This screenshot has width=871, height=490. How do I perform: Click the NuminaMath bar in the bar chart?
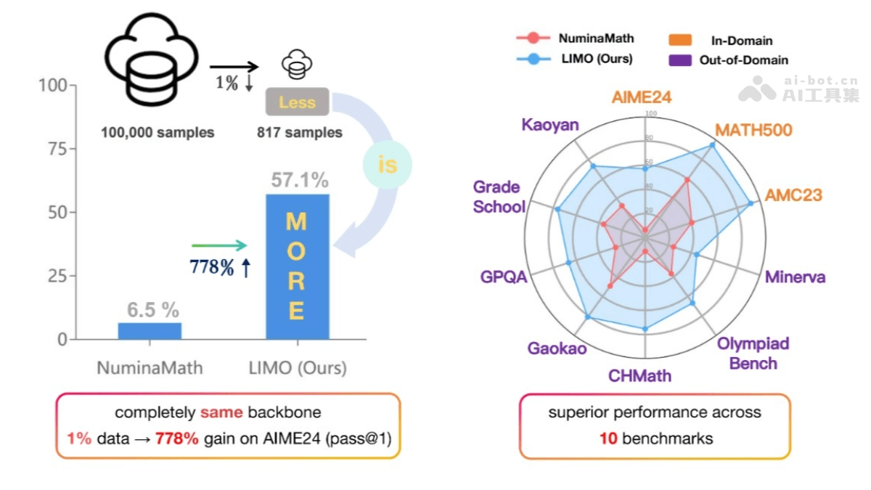point(150,331)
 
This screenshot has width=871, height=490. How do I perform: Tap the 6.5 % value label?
point(152,310)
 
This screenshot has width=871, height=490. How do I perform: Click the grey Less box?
point(297,102)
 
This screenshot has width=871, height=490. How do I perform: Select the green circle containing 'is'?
point(388,165)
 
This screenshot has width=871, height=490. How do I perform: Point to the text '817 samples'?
point(299,133)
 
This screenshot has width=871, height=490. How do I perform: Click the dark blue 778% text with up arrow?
point(220,268)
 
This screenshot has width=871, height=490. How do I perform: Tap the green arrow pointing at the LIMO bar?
point(220,247)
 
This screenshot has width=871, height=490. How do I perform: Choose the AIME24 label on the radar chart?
point(641,97)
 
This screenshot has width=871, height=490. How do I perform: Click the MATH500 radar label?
point(753,130)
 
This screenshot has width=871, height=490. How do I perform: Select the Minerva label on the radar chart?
point(796,277)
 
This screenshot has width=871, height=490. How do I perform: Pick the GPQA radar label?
point(503,277)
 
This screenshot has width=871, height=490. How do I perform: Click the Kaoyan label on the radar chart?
point(550,125)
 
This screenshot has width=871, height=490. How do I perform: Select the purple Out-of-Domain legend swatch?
point(679,60)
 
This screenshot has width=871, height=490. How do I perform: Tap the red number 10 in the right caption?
point(607,438)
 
